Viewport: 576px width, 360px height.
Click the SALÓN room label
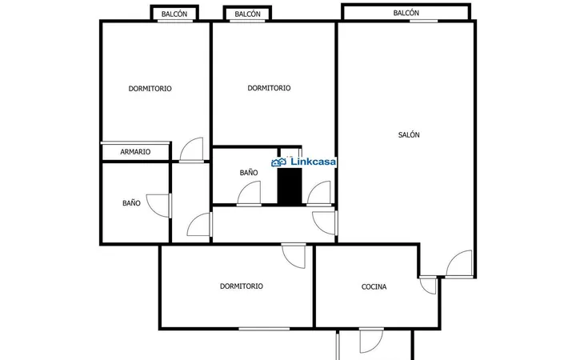tap(409, 135)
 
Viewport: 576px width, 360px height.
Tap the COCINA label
tap(374, 286)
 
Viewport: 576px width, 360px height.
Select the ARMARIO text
tap(135, 152)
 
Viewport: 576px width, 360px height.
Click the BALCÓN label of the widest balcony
tap(406, 13)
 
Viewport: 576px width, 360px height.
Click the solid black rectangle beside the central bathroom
tap(290, 186)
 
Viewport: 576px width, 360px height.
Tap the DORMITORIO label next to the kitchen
tap(242, 286)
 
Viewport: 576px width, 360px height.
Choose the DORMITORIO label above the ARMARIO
tap(150, 89)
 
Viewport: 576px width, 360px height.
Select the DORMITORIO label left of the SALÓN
tap(269, 88)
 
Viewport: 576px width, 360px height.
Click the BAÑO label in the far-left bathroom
tap(131, 202)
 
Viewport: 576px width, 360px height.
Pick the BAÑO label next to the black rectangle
tap(249, 172)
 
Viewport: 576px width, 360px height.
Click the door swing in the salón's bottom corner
tap(459, 263)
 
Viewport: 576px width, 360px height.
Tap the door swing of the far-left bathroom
tap(158, 206)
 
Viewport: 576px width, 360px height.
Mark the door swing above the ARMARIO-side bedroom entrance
tap(191, 149)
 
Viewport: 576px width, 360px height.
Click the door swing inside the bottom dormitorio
tap(294, 256)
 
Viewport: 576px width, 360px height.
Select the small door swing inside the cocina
tap(428, 286)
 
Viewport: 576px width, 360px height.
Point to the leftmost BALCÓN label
tap(174, 14)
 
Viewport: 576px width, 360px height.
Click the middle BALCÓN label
tap(247, 14)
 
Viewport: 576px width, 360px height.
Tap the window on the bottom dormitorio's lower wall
tap(264, 329)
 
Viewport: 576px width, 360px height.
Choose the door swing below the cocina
tap(371, 341)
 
